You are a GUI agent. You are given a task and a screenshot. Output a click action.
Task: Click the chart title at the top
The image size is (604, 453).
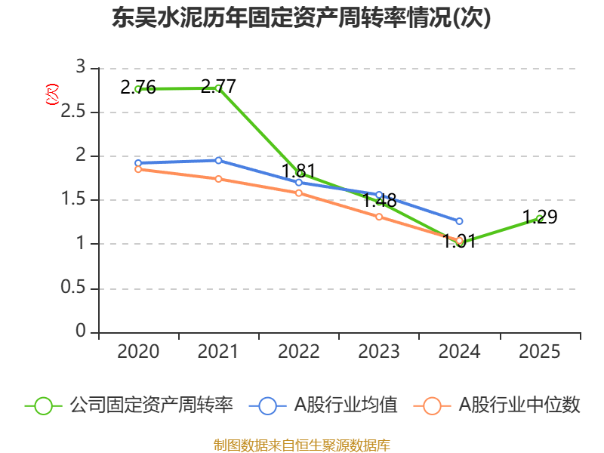pos(301,18)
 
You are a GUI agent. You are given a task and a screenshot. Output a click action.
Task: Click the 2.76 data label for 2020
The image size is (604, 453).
pos(138,88)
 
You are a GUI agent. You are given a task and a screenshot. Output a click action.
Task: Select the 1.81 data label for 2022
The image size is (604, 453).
pos(298,171)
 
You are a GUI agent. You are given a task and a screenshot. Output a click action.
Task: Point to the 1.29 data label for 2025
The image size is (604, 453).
pos(540,217)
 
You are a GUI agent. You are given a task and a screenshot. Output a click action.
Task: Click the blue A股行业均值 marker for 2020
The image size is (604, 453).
pos(138,163)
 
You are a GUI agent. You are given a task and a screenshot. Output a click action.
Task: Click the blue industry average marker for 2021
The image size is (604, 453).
pos(218,160)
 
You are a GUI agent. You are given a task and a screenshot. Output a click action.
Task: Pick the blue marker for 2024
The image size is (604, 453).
pos(459,221)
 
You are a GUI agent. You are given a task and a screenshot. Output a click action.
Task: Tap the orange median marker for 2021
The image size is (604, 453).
pos(218,179)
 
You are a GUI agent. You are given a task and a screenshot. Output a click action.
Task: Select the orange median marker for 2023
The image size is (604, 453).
pos(379,217)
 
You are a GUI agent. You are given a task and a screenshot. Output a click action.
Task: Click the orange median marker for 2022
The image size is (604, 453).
pos(299,193)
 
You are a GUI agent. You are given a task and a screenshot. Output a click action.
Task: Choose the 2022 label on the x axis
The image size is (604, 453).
pos(298,352)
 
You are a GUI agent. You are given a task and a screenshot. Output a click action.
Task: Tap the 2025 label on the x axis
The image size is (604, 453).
pos(540,352)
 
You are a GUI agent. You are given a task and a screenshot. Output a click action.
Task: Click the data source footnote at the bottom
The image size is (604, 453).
pos(301,445)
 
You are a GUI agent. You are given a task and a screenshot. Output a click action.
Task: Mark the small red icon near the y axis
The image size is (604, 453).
pos(52,94)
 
